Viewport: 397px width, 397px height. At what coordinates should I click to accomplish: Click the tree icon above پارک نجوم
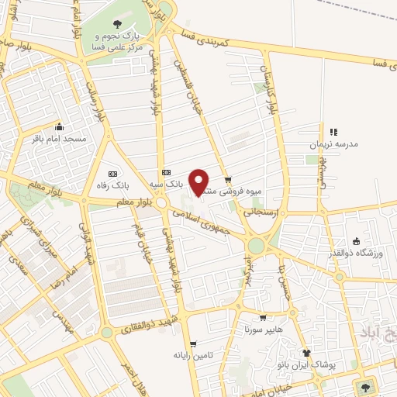pyautogui.click(x=117, y=25)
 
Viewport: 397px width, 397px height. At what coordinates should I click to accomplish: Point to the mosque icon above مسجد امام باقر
pyautogui.click(x=59, y=126)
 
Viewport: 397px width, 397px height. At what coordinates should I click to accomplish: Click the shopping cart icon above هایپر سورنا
pyautogui.click(x=263, y=317)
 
